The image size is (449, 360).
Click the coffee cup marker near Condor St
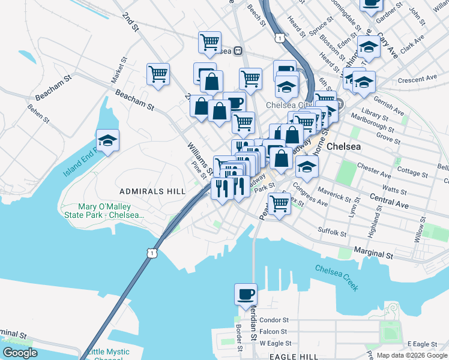[x=245, y=295]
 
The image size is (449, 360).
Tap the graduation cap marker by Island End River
[x=108, y=142]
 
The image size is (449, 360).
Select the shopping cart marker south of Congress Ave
[x=280, y=203]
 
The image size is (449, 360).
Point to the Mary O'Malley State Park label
[x=104, y=211]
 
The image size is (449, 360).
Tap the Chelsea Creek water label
[x=337, y=277]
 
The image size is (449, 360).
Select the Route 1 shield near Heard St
[x=280, y=38]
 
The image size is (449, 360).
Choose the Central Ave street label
[x=389, y=201]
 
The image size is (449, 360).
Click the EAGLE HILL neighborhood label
[x=294, y=356]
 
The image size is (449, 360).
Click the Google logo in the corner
[x=20, y=353]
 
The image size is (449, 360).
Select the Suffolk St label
[x=333, y=232]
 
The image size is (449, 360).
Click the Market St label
[x=118, y=70]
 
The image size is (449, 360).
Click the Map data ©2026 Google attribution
[x=412, y=356]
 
